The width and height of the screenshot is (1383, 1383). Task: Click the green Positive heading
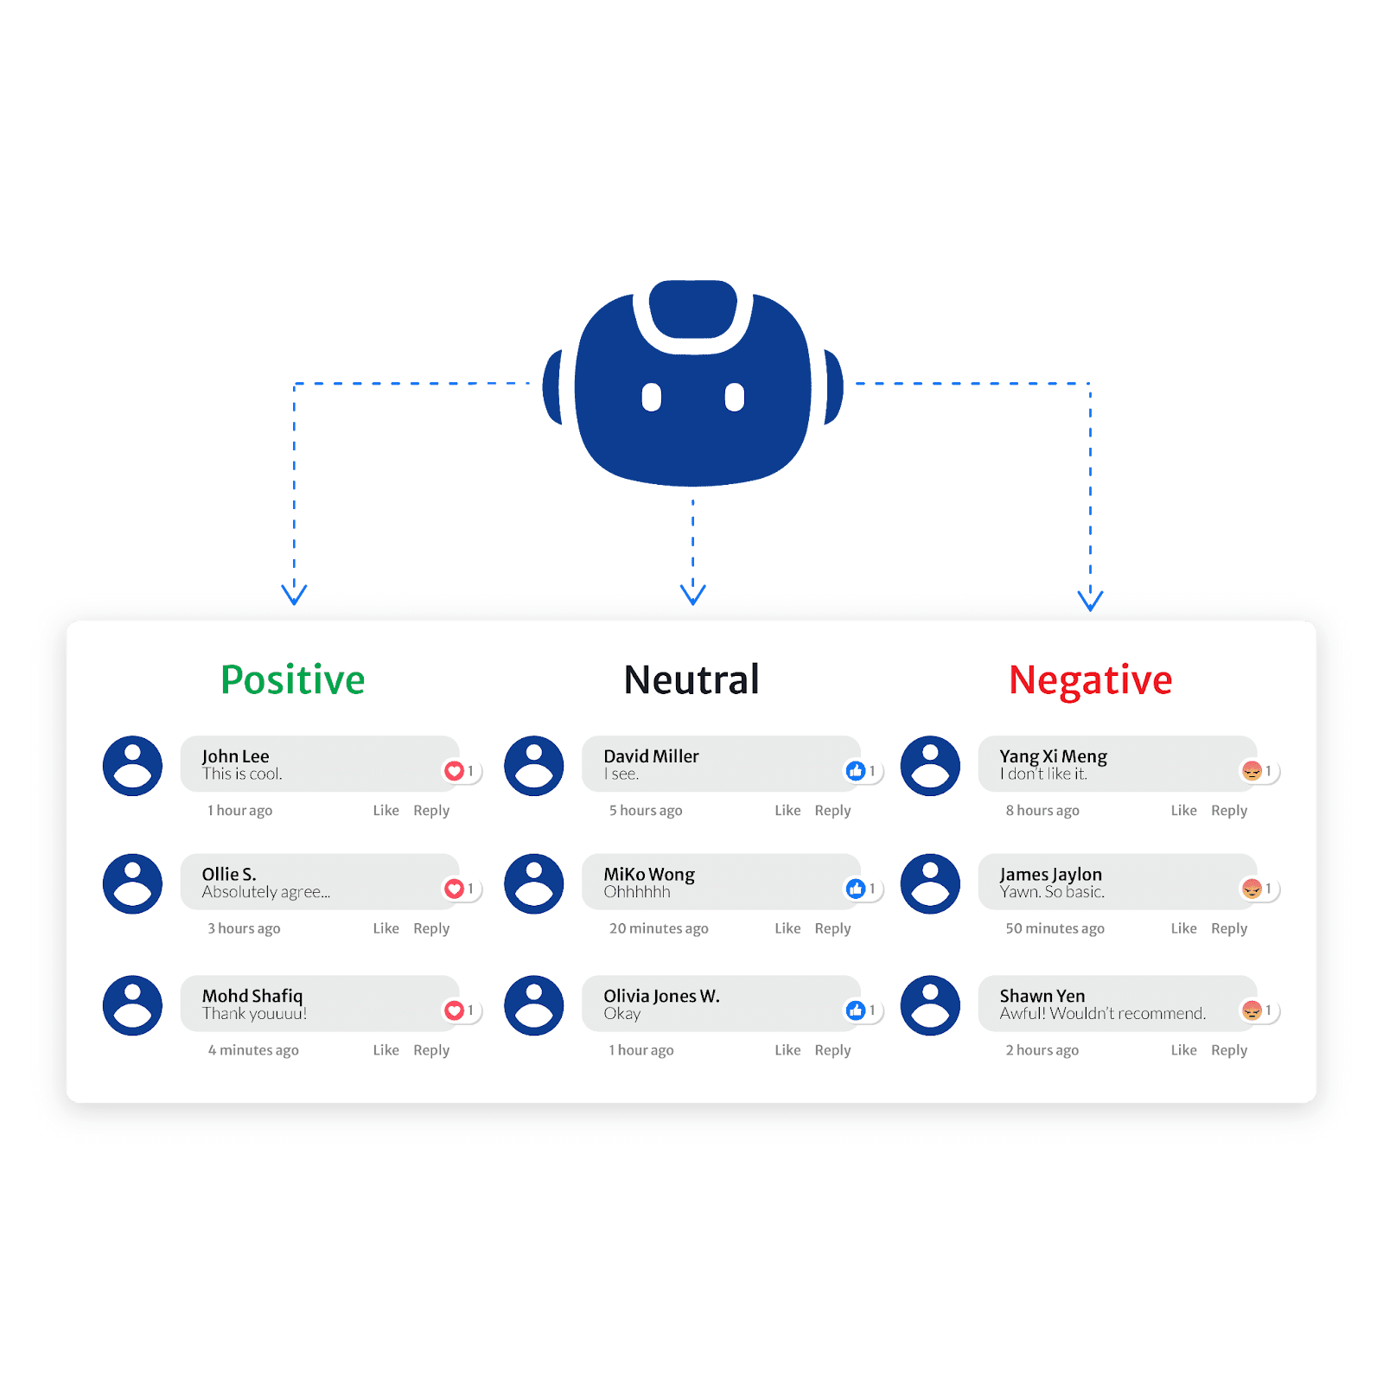coord(292,679)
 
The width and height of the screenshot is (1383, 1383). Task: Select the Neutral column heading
coord(691,679)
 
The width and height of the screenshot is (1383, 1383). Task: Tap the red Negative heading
coord(1090,679)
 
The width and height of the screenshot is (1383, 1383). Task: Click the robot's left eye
coord(652,398)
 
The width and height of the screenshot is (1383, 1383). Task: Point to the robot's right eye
coord(734,398)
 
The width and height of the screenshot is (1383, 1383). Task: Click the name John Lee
coord(235,756)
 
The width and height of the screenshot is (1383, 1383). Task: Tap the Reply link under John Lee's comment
coord(431,811)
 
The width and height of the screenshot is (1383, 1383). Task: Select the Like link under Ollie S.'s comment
coord(386,928)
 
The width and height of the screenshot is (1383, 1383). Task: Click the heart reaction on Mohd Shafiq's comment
coord(454,1010)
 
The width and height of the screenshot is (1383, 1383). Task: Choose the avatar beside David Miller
coord(534,766)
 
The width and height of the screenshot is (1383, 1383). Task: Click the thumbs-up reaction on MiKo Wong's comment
coord(856,889)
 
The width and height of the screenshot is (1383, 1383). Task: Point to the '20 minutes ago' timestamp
coord(659,928)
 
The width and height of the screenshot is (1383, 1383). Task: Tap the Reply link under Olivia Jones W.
coord(832,1050)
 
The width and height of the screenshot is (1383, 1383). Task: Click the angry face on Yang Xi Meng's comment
coord(1252,770)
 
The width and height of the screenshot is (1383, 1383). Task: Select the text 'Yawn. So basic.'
coord(1052,892)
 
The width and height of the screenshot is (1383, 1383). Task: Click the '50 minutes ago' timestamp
coord(1055,928)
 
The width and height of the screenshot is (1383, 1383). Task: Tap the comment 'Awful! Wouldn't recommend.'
coord(1102,1014)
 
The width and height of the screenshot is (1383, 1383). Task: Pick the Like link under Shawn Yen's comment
coord(1183,1050)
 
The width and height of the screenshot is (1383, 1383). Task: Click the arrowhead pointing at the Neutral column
coord(692,595)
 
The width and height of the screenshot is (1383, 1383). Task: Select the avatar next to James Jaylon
coord(930,884)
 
